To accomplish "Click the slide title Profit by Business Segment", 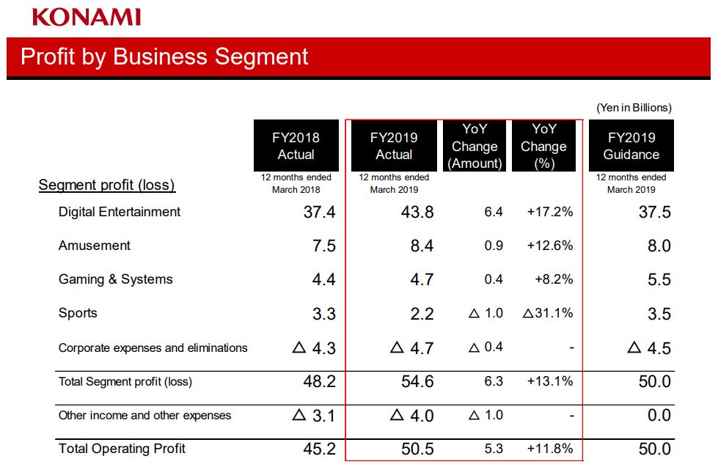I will click(164, 56).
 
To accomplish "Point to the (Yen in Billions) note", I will click(634, 108).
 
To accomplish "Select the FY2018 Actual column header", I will click(296, 146).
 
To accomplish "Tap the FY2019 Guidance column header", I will click(631, 146).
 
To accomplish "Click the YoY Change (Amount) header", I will click(475, 146).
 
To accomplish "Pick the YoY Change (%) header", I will click(543, 146).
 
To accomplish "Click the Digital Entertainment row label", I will click(120, 212).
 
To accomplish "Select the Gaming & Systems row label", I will click(116, 279).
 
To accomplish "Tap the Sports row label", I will click(78, 313).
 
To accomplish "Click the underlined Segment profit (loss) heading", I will click(107, 185).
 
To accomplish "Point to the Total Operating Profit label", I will click(122, 449).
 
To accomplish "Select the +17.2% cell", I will click(549, 213).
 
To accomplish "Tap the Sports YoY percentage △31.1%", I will click(547, 313).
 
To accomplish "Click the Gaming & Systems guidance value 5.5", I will click(659, 280).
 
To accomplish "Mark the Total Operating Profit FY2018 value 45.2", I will click(320, 449).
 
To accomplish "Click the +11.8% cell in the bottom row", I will click(549, 449).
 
